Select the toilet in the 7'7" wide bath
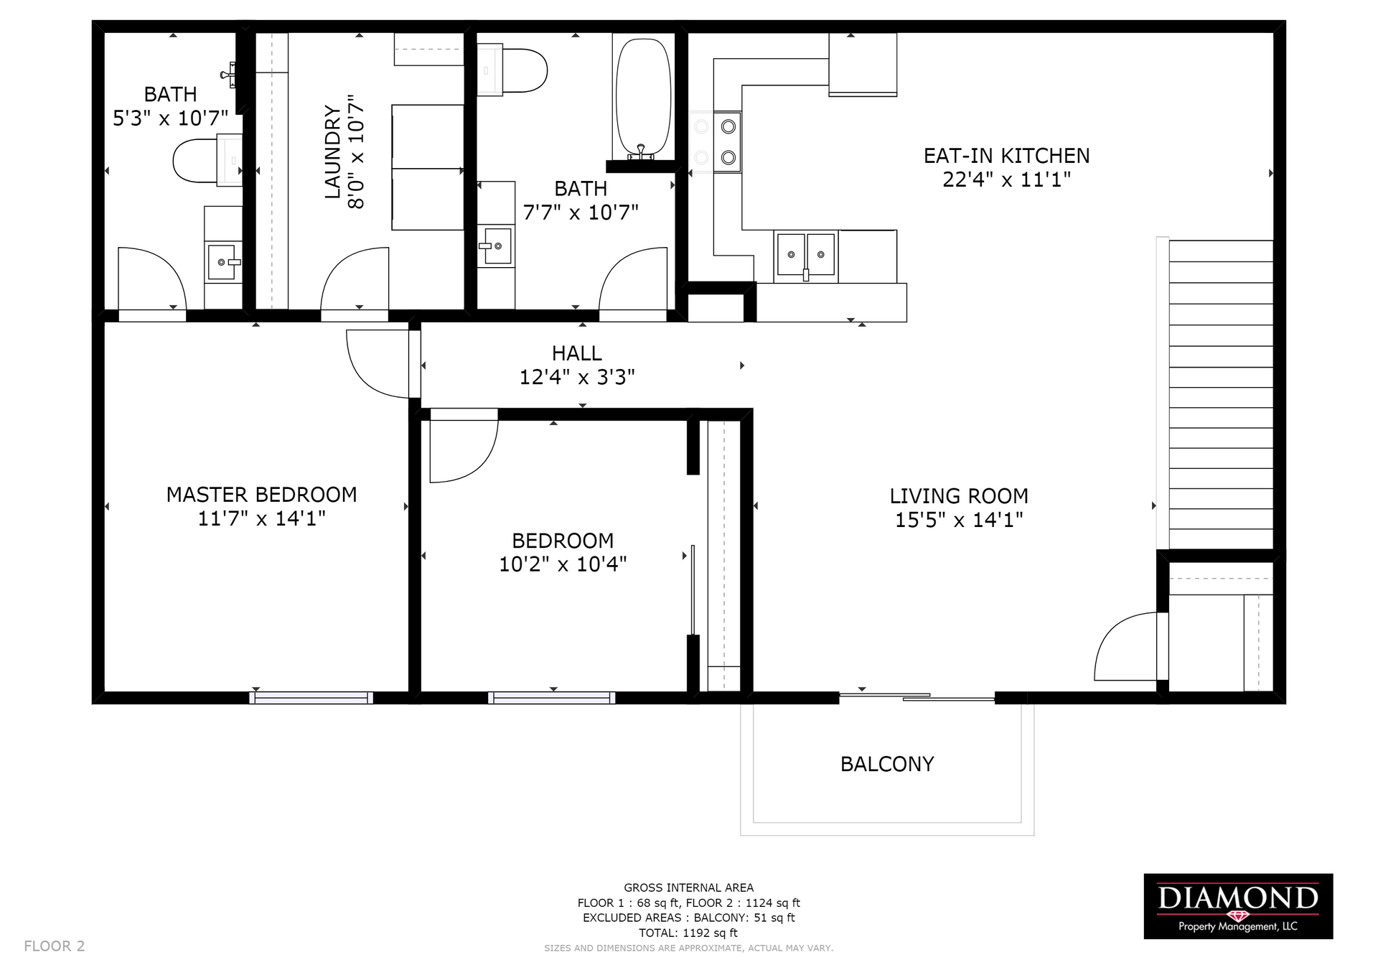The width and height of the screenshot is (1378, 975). pyautogui.click(x=512, y=70)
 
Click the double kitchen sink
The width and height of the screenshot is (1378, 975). pyautogui.click(x=806, y=254)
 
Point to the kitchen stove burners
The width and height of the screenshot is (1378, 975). pyautogui.click(x=715, y=142)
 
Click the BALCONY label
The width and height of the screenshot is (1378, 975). pyautogui.click(x=887, y=764)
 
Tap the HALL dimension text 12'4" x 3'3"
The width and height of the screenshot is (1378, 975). pyautogui.click(x=577, y=377)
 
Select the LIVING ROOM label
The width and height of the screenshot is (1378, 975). pyautogui.click(x=959, y=496)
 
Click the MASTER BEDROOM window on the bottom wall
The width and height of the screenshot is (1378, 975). pyautogui.click(x=311, y=697)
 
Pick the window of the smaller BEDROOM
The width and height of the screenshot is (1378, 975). pyautogui.click(x=551, y=697)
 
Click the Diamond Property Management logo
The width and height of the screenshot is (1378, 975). pyautogui.click(x=1238, y=906)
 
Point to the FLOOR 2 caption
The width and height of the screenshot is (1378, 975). pyautogui.click(x=55, y=946)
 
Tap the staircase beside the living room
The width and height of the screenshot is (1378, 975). pyautogui.click(x=1221, y=395)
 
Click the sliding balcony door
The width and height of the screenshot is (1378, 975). pyautogui.click(x=917, y=696)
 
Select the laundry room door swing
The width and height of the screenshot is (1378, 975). pyautogui.click(x=355, y=280)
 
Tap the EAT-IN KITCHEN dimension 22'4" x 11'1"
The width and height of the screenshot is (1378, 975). pyautogui.click(x=1006, y=179)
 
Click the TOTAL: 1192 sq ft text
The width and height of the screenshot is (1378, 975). pyautogui.click(x=688, y=933)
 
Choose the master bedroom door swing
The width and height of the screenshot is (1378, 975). pyautogui.click(x=379, y=363)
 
